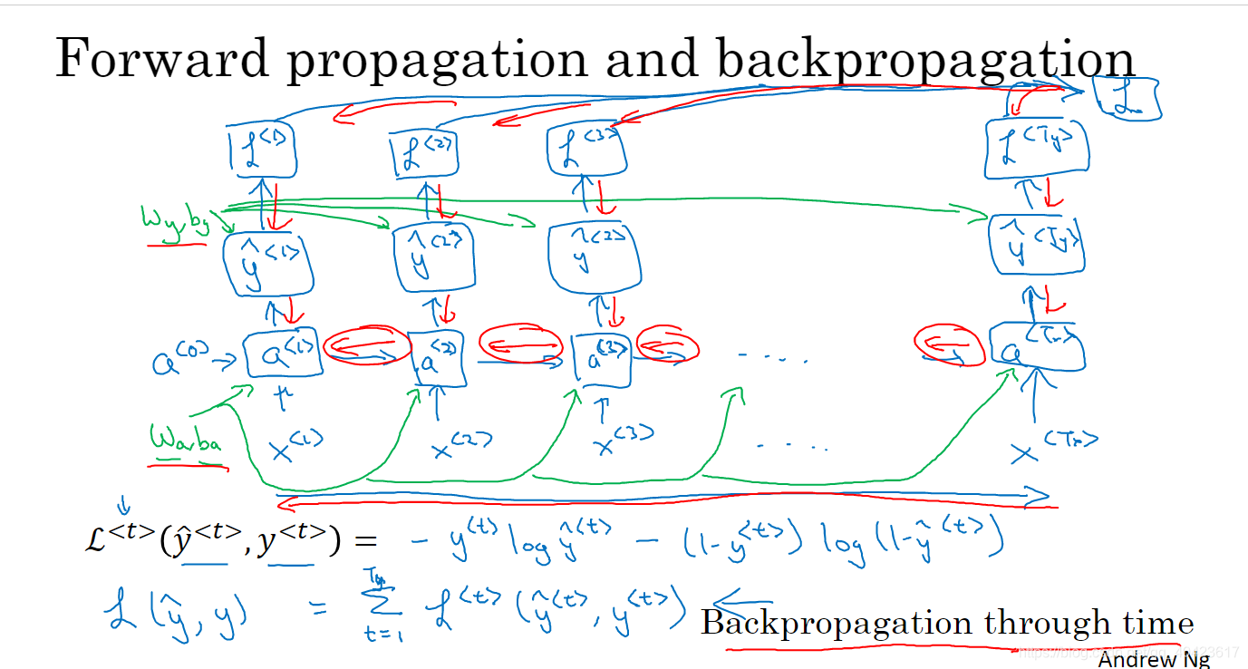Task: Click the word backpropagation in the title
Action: coord(925,59)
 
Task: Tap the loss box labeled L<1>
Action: coord(263,151)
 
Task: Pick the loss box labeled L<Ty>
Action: coord(1035,148)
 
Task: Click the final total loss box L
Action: coord(1126,99)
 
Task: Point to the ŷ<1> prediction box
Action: coord(267,262)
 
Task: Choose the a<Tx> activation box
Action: coord(1037,347)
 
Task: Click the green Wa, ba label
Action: coord(186,442)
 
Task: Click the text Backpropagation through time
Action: coord(946,623)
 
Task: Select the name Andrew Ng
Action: coord(1153,659)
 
